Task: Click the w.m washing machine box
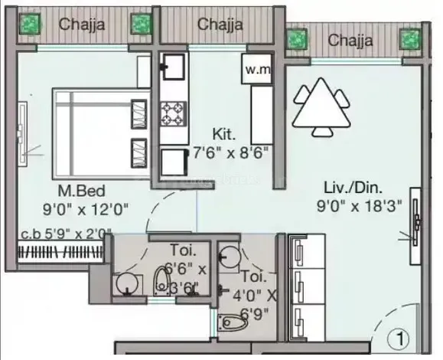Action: [x=256, y=69]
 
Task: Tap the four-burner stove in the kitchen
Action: [x=174, y=114]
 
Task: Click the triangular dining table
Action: [x=321, y=106]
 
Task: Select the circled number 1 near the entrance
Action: [x=399, y=339]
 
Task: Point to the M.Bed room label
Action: [x=81, y=191]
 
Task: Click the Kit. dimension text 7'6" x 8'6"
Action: [x=230, y=153]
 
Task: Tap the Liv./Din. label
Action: [x=353, y=188]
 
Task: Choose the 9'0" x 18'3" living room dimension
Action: [x=359, y=206]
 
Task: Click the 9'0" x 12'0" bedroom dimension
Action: [x=86, y=210]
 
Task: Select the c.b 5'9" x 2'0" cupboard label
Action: [x=67, y=234]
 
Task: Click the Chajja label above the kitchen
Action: [x=220, y=25]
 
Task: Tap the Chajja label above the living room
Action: [x=350, y=40]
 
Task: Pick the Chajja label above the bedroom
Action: [x=82, y=24]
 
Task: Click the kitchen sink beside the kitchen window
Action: [x=173, y=67]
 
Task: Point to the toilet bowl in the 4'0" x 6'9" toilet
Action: [x=233, y=321]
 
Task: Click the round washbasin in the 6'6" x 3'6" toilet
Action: [x=128, y=284]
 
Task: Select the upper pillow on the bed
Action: [x=138, y=114]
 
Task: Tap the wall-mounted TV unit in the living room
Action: [x=415, y=226]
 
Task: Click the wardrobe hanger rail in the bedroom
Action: [x=60, y=252]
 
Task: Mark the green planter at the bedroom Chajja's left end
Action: [x=30, y=24]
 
